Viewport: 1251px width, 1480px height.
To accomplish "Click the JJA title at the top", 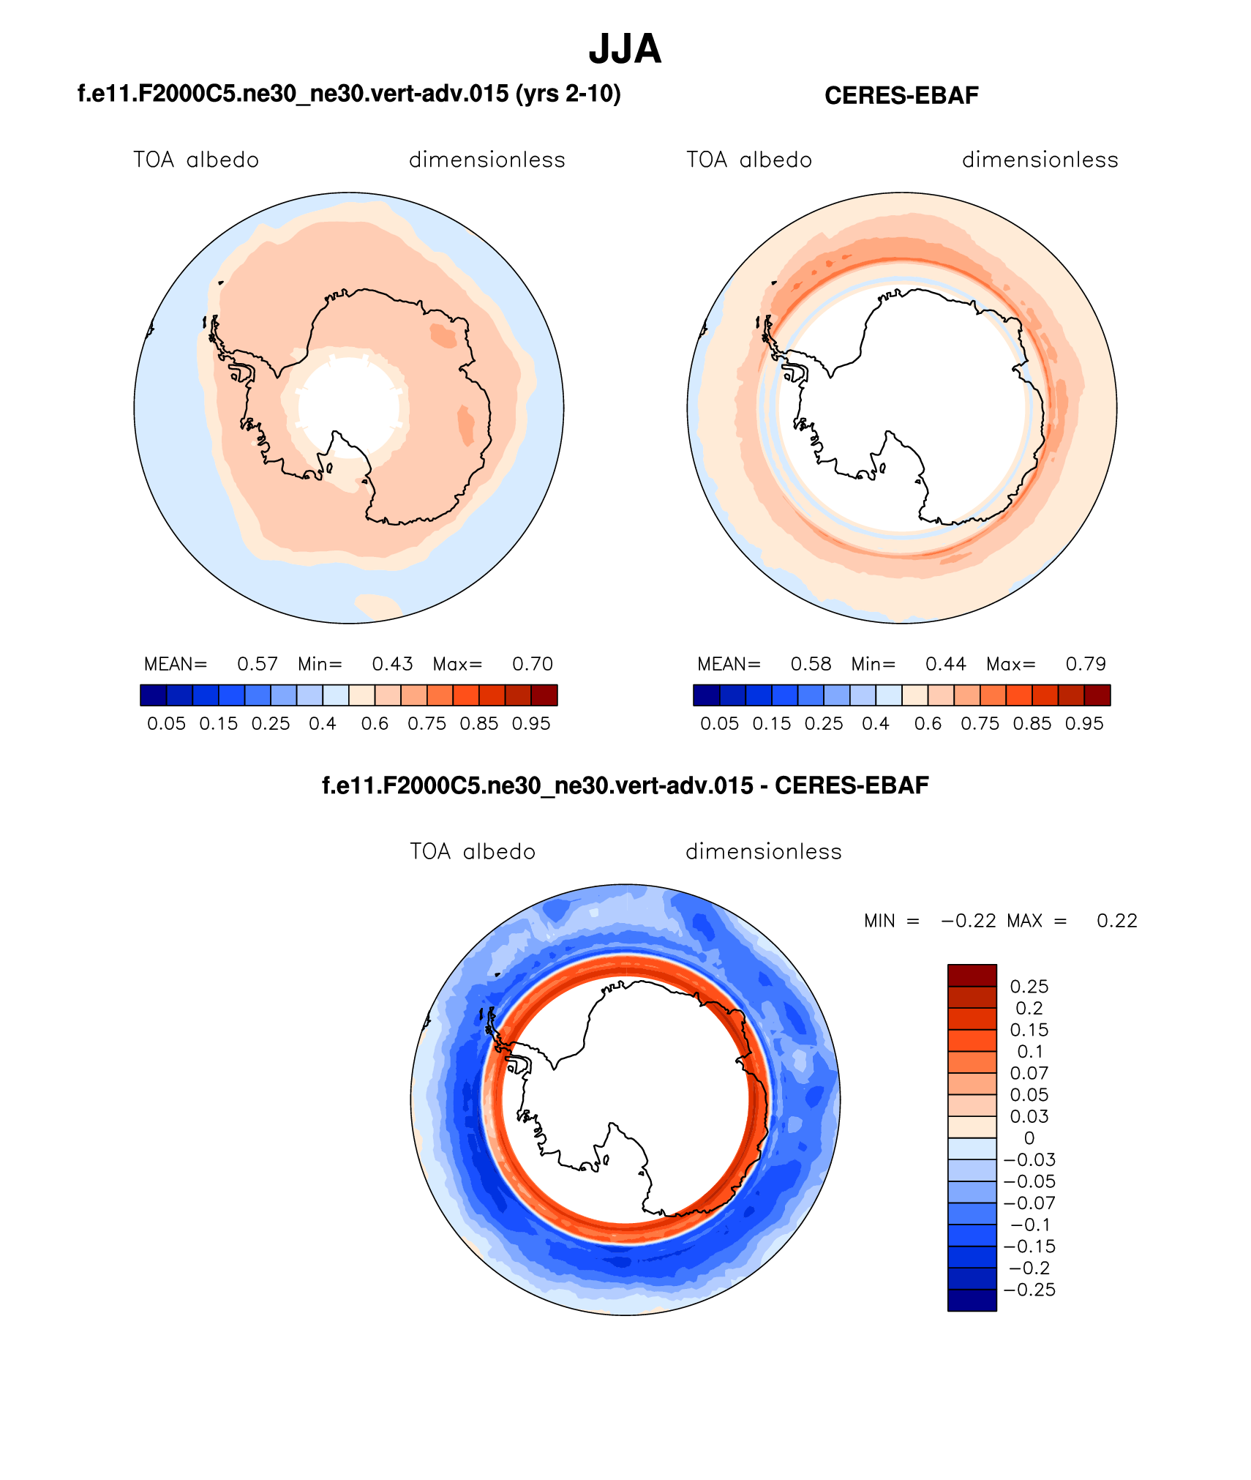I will (625, 50).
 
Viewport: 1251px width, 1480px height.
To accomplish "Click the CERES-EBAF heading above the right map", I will (901, 96).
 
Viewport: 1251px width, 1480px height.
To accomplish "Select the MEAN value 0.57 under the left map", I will (258, 664).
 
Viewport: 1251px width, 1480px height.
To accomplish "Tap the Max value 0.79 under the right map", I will (1086, 664).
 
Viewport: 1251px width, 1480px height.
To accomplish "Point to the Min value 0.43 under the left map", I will (392, 664).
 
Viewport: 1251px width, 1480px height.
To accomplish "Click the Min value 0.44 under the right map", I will (945, 664).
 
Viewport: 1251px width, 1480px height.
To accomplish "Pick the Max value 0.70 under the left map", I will (533, 664).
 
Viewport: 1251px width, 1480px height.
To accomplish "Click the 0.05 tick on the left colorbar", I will (166, 724).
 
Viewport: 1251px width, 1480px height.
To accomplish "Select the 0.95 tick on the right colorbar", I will (1084, 724).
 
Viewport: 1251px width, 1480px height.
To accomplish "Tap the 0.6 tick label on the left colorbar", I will (375, 724).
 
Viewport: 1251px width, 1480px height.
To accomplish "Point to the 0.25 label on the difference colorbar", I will (1029, 987).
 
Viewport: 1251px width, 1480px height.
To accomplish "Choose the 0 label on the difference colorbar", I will (1029, 1138).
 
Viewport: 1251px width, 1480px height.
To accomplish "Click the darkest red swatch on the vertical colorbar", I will (972, 976).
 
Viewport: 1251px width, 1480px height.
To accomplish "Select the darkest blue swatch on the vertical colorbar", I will (972, 1300).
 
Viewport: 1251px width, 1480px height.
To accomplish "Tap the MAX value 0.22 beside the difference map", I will (1116, 921).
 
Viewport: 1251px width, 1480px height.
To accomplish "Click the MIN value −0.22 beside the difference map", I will (968, 921).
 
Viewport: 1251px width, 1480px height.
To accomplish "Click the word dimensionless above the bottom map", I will (763, 852).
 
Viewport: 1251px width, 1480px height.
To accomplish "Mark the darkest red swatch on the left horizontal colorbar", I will (544, 695).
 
